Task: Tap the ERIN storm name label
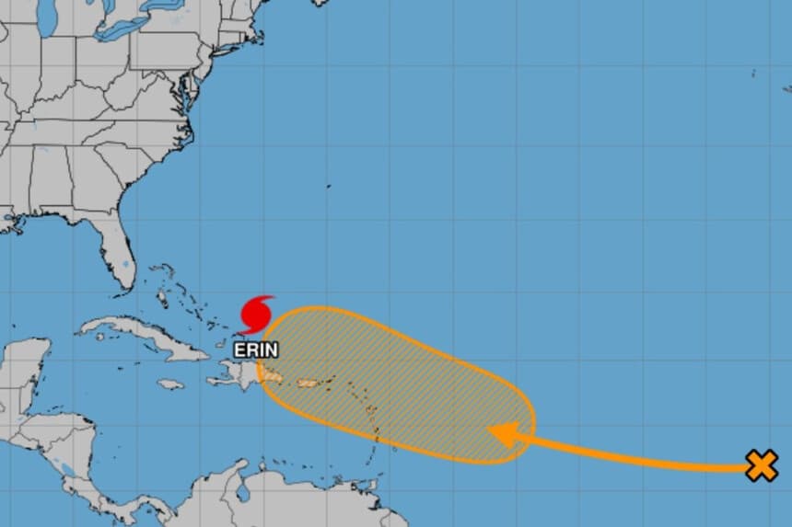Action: pos(256,349)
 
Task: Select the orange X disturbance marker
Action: pos(761,466)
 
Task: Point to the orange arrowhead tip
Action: pos(490,431)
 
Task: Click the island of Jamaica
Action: pos(170,384)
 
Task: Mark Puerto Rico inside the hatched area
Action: pos(308,383)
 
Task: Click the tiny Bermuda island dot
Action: pos(329,187)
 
